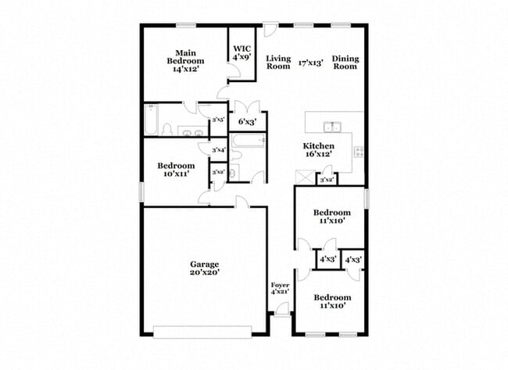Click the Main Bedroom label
coord(185,61)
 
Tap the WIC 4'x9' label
coord(241,52)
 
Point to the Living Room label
coord(278,62)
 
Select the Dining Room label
coord(345,62)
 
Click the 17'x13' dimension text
coord(310,62)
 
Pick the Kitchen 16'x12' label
coord(319,150)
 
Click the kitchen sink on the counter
coord(333,128)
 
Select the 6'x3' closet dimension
coord(247,122)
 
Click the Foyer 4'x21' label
coord(280,288)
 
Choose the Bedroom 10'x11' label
coord(176,170)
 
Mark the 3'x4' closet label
coord(219,149)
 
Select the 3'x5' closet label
coord(219,120)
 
